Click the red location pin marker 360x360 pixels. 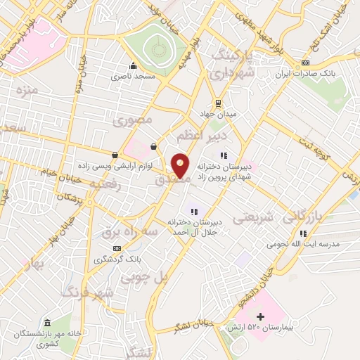click(181, 165)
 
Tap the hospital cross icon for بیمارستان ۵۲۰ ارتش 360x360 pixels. click(260, 317)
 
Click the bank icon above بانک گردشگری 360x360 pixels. click(117, 248)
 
